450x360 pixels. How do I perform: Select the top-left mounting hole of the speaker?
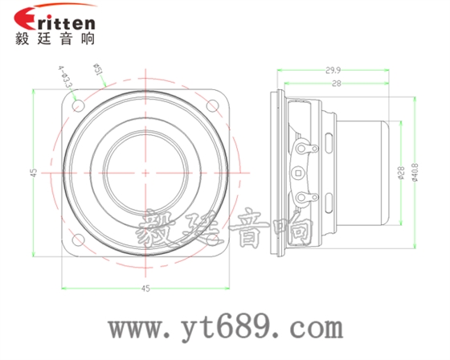click(78, 104)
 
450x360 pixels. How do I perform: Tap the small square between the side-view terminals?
click(300, 172)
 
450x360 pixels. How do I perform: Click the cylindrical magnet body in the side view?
click(366, 172)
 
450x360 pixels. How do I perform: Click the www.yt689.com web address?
click(226, 328)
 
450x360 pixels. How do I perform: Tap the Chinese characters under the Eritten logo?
click(52, 39)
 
